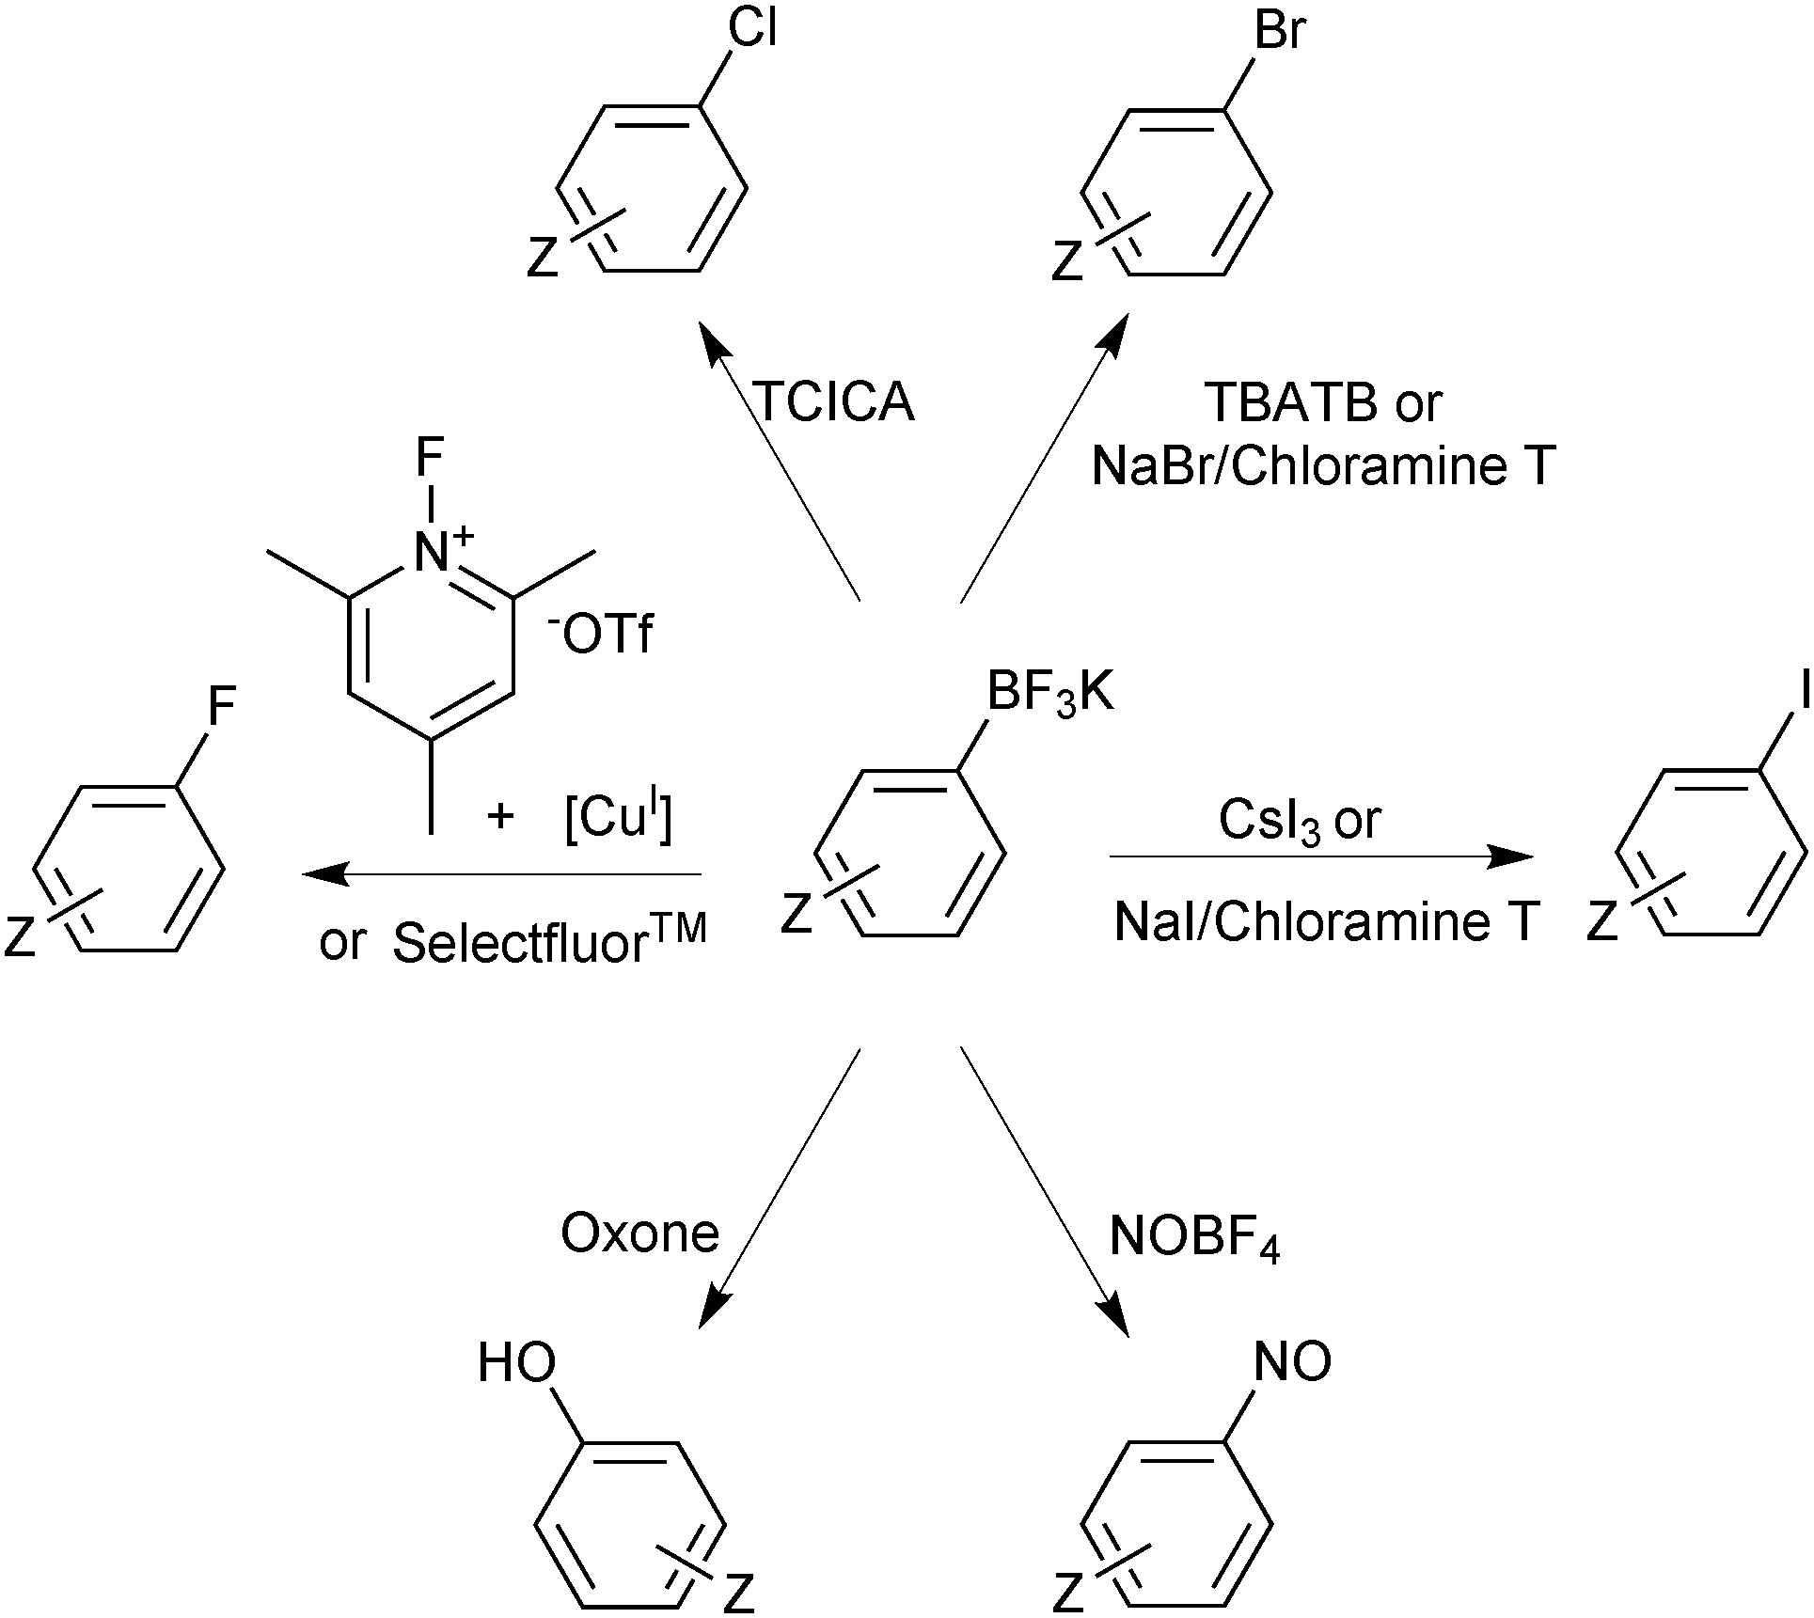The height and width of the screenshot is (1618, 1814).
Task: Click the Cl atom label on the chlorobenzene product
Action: tap(752, 30)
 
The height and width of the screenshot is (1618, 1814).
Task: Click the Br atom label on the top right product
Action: tap(1280, 30)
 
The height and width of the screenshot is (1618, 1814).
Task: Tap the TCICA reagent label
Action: tap(834, 401)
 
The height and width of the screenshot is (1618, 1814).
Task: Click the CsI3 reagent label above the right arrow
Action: tap(1270, 820)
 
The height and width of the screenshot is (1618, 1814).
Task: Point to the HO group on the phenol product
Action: tap(516, 1362)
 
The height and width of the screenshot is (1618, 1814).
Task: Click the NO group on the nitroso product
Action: tap(1293, 1360)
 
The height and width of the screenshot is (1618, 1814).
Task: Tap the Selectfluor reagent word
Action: tap(522, 943)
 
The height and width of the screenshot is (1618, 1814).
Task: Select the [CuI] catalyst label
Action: tap(618, 820)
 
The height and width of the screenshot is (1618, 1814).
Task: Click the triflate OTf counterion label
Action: tap(602, 636)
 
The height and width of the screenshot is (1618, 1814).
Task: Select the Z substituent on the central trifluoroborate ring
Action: tap(796, 914)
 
